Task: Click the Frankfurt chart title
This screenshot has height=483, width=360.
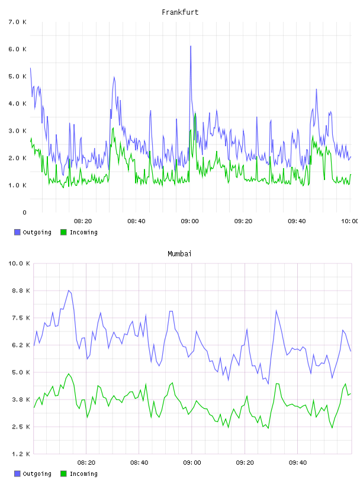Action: [x=180, y=12]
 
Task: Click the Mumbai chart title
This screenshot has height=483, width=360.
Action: [x=179, y=253]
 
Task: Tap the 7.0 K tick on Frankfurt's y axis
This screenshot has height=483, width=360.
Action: [x=17, y=22]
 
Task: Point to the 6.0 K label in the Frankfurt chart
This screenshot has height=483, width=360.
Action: [x=17, y=49]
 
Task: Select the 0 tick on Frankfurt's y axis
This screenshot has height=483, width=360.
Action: [x=24, y=212]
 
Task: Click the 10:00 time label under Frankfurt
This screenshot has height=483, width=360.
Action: [x=350, y=221]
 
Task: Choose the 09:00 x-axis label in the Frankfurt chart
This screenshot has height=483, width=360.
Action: [x=189, y=221]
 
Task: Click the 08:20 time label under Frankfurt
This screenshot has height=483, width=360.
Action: [x=83, y=221]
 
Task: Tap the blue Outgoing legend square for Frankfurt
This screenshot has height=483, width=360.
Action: [x=17, y=232]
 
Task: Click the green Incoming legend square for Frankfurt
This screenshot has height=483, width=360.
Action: [x=63, y=232]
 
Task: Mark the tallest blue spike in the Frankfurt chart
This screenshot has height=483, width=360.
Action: [x=191, y=46]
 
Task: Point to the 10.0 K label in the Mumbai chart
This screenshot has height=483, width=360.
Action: [x=19, y=263]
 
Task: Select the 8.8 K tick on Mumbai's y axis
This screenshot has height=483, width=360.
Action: [x=21, y=291]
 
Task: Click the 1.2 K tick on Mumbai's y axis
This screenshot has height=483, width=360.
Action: [x=21, y=454]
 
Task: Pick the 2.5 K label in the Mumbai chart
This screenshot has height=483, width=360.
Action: [x=21, y=427]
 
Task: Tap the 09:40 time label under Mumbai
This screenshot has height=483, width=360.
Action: [x=298, y=462]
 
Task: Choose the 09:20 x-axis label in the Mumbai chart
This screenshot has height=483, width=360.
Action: [x=245, y=462]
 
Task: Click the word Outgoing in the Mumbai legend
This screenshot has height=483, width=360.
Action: [x=37, y=474]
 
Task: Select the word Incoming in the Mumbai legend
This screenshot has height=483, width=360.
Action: [x=83, y=474]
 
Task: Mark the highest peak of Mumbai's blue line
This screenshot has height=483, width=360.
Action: [x=69, y=290]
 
